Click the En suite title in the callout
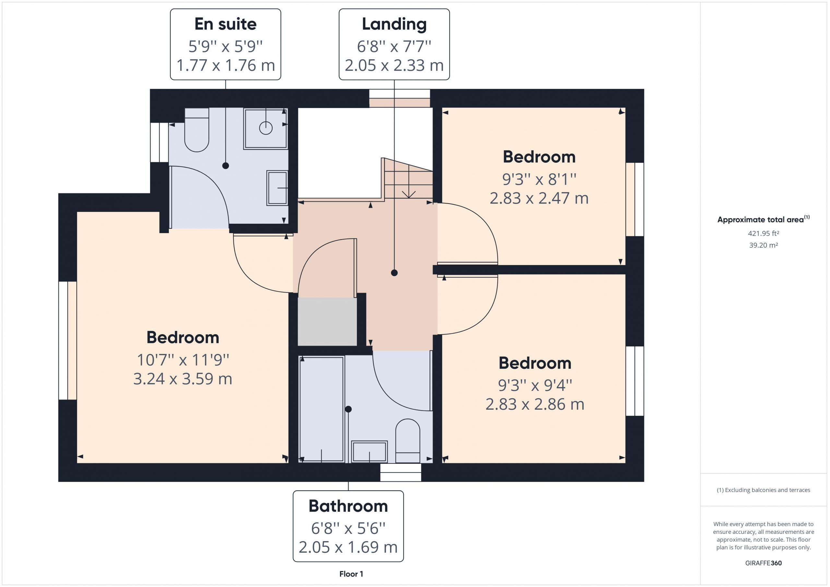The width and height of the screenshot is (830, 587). pyautogui.click(x=225, y=24)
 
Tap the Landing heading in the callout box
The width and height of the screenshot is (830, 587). pyautogui.click(x=394, y=24)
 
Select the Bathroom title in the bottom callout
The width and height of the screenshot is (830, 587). pyautogui.click(x=348, y=506)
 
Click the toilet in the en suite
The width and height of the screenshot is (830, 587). pyautogui.click(x=197, y=130)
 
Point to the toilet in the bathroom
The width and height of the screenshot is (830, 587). pyautogui.click(x=408, y=440)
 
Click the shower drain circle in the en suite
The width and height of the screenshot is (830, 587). pyautogui.click(x=266, y=128)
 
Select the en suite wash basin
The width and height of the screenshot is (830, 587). pyautogui.click(x=277, y=188)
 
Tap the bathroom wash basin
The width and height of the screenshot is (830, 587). pyautogui.click(x=370, y=452)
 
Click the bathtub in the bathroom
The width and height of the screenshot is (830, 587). pyautogui.click(x=321, y=409)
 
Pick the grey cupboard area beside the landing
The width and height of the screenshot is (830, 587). pyautogui.click(x=327, y=321)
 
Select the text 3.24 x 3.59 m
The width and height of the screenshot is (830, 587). pyautogui.click(x=183, y=379)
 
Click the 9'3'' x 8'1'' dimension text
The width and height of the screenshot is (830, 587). pyautogui.click(x=539, y=179)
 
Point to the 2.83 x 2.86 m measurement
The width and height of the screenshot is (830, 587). pyautogui.click(x=535, y=404)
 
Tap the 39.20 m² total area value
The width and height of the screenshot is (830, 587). pyautogui.click(x=764, y=245)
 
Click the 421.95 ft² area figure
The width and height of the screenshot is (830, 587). pyautogui.click(x=764, y=233)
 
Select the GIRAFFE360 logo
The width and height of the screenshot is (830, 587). pyautogui.click(x=764, y=563)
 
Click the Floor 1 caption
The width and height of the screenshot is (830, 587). pyautogui.click(x=351, y=574)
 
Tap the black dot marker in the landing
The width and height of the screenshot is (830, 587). pyautogui.click(x=394, y=273)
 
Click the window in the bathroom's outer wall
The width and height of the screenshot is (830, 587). pyautogui.click(x=400, y=472)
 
